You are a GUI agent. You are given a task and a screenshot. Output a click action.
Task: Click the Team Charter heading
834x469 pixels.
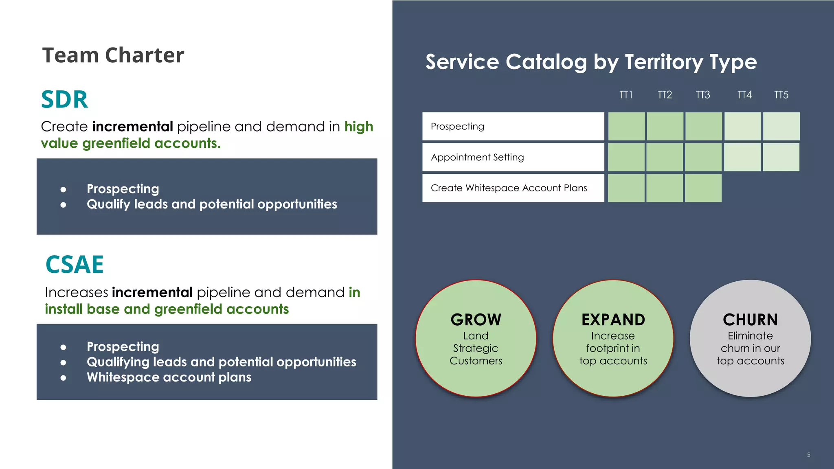click(113, 55)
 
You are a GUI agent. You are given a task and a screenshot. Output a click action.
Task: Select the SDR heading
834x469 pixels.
click(64, 99)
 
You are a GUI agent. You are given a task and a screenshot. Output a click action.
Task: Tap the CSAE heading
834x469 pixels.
click(75, 265)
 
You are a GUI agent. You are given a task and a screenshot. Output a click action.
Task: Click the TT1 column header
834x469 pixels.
click(626, 95)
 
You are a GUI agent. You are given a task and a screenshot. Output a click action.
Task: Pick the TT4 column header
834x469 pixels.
click(744, 95)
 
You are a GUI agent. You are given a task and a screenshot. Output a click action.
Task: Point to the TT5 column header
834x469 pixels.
click(781, 95)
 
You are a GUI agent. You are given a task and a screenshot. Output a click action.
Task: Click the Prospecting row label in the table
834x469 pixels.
click(457, 127)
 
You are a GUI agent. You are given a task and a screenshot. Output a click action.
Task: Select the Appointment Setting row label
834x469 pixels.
click(477, 157)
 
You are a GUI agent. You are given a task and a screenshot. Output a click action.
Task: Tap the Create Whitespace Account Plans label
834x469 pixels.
click(509, 188)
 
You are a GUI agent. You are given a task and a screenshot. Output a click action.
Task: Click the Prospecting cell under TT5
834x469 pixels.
click(781, 126)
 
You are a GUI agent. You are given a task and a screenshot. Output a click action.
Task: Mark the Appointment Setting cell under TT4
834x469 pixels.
click(742, 157)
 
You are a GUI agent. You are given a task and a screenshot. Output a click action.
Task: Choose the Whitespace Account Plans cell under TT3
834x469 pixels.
click(703, 188)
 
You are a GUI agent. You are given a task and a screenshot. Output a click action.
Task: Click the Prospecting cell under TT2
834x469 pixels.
click(665, 126)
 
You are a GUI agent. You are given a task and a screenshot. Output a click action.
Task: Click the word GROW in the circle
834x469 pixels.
click(476, 320)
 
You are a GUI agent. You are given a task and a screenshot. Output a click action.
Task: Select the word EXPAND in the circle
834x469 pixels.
click(613, 320)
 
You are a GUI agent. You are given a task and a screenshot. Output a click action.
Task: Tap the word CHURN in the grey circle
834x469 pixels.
click(750, 320)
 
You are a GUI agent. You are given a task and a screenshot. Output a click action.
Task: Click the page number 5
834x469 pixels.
click(809, 455)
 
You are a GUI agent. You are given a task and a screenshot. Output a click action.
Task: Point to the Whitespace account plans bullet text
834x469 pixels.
click(169, 377)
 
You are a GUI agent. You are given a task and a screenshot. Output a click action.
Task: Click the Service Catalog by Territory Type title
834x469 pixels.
click(591, 62)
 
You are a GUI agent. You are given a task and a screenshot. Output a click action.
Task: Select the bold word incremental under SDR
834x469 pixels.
click(132, 127)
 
